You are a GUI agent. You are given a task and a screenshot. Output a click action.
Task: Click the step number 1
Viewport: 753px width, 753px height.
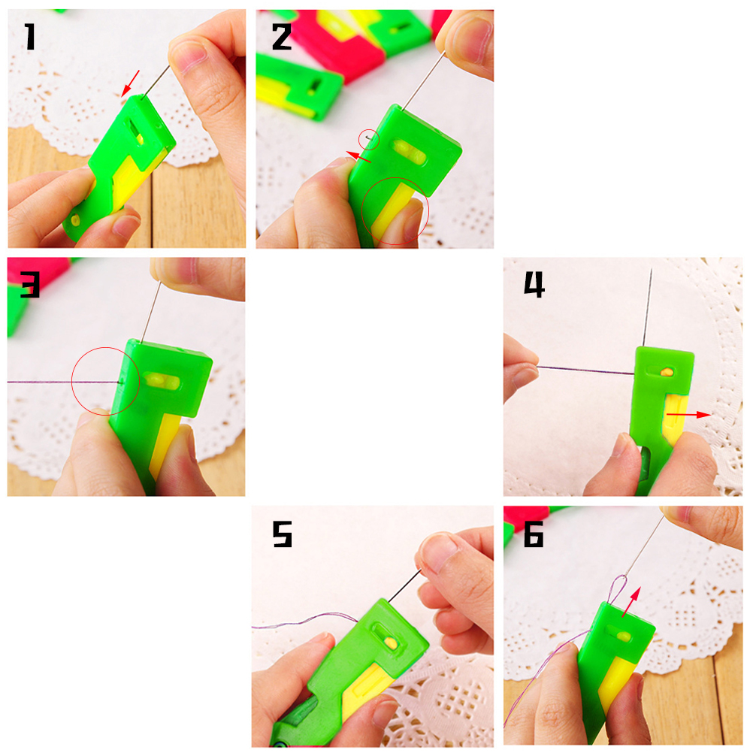pyautogui.click(x=30, y=37)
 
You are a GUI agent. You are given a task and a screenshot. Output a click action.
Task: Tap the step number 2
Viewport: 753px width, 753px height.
pyautogui.click(x=282, y=37)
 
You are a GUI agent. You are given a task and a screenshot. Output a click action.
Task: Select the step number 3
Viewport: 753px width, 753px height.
pyautogui.click(x=30, y=284)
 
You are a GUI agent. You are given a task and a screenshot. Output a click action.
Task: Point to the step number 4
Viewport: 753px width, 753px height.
pyautogui.click(x=534, y=284)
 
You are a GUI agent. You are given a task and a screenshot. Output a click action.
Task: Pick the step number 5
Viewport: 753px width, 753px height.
pyautogui.click(x=283, y=534)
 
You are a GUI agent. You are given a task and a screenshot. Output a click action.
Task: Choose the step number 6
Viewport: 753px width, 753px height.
pyautogui.click(x=534, y=534)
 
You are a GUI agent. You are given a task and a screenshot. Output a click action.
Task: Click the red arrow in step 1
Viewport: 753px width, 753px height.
pyautogui.click(x=130, y=83)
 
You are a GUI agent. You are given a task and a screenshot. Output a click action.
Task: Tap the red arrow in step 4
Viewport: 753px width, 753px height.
pyautogui.click(x=688, y=414)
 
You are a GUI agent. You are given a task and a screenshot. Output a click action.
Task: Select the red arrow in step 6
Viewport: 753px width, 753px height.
pyautogui.click(x=631, y=602)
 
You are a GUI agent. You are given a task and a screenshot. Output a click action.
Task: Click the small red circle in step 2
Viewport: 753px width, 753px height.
pyautogui.click(x=369, y=140)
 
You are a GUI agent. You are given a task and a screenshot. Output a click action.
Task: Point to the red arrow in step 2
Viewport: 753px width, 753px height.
pyautogui.click(x=358, y=156)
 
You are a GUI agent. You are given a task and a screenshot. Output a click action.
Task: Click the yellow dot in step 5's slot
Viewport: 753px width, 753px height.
pyautogui.click(x=392, y=643)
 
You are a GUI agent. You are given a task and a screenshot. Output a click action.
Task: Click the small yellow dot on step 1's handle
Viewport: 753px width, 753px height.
pyautogui.click(x=75, y=220)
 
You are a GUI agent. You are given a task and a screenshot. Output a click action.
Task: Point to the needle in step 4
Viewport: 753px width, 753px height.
pyautogui.click(x=647, y=307)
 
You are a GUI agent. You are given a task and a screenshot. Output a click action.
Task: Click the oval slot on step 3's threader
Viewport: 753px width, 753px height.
pyautogui.click(x=162, y=381)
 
